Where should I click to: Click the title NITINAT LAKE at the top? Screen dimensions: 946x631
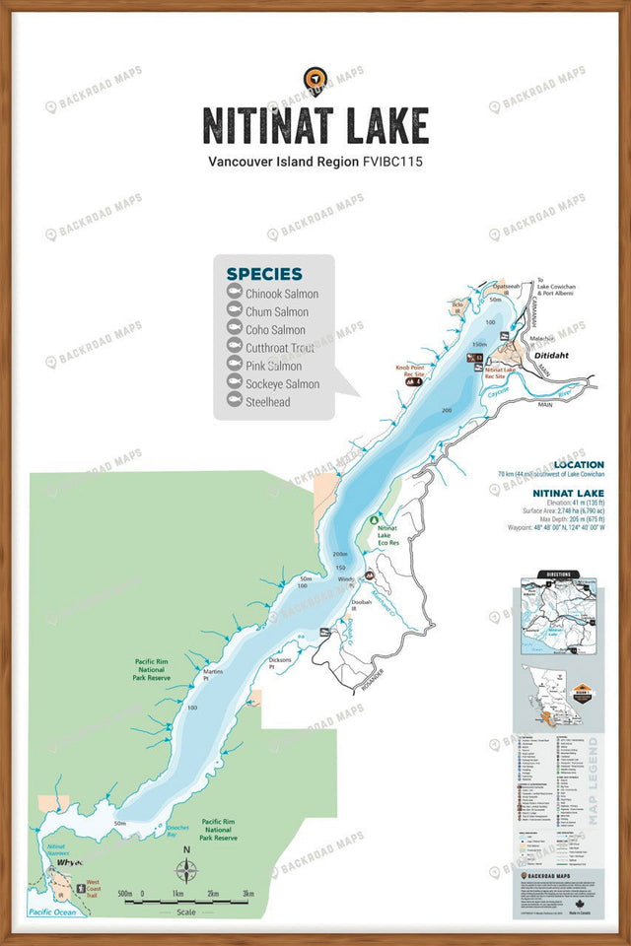[315, 126]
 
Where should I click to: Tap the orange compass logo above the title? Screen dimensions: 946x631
[315, 80]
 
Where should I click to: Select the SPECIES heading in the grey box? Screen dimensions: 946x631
[264, 274]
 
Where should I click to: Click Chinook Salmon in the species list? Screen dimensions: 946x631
[282, 294]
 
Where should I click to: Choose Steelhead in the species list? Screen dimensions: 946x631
[267, 402]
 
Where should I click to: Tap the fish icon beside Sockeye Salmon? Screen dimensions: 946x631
[235, 384]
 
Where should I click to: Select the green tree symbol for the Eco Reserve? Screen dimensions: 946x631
[374, 519]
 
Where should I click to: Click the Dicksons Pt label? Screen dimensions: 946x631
[280, 662]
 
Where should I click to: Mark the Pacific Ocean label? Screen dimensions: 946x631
[55, 912]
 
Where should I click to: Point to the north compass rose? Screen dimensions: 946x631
[186, 871]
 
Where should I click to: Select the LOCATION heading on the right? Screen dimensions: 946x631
[579, 464]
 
